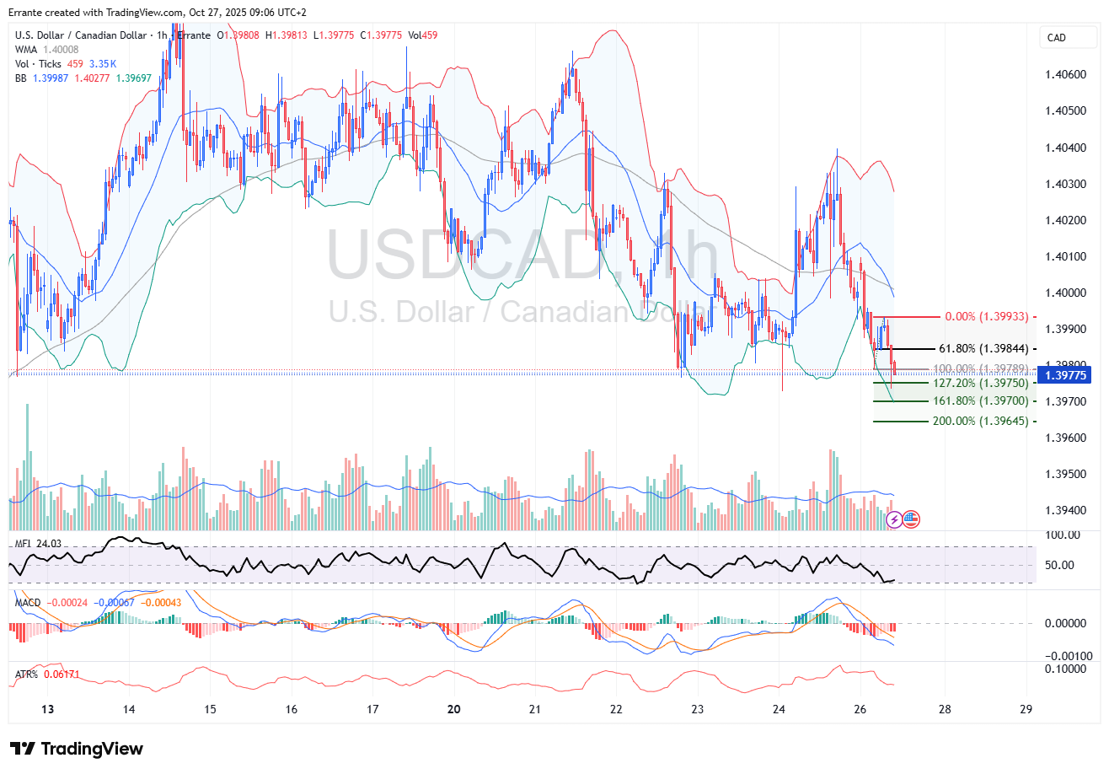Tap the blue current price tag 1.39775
(1067, 375)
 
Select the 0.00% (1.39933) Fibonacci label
(987, 317)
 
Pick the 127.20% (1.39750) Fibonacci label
(978, 383)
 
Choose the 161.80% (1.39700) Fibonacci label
(978, 401)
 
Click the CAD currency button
(1056, 38)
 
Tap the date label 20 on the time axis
(454, 710)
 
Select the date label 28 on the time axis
(945, 710)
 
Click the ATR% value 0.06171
(60, 675)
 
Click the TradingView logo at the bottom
(77, 749)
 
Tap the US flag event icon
(911, 519)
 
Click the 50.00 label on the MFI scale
(1062, 565)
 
